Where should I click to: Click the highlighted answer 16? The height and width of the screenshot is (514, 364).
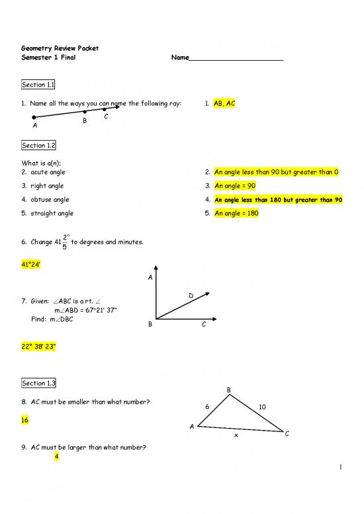(x=26, y=419)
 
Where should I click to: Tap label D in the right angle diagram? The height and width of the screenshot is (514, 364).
(x=191, y=295)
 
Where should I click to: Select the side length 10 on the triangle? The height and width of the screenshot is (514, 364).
(x=262, y=407)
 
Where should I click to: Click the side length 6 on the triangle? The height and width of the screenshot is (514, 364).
(x=206, y=407)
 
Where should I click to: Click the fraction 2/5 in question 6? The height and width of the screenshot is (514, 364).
(x=64, y=243)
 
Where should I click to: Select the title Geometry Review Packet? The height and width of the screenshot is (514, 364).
(x=60, y=48)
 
